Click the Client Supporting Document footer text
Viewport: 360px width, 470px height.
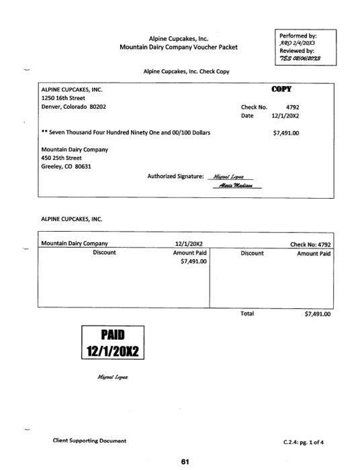click(88, 440)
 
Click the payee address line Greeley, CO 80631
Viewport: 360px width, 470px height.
click(68, 167)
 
